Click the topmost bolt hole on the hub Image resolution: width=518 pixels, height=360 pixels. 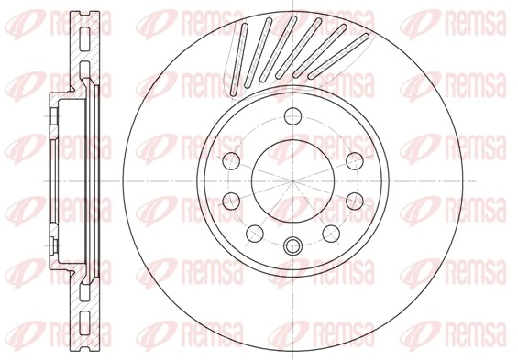click(x=293, y=115)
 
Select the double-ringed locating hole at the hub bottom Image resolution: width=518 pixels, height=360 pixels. click(x=293, y=245)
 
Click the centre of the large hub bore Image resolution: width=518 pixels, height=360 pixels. click(x=293, y=180)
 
